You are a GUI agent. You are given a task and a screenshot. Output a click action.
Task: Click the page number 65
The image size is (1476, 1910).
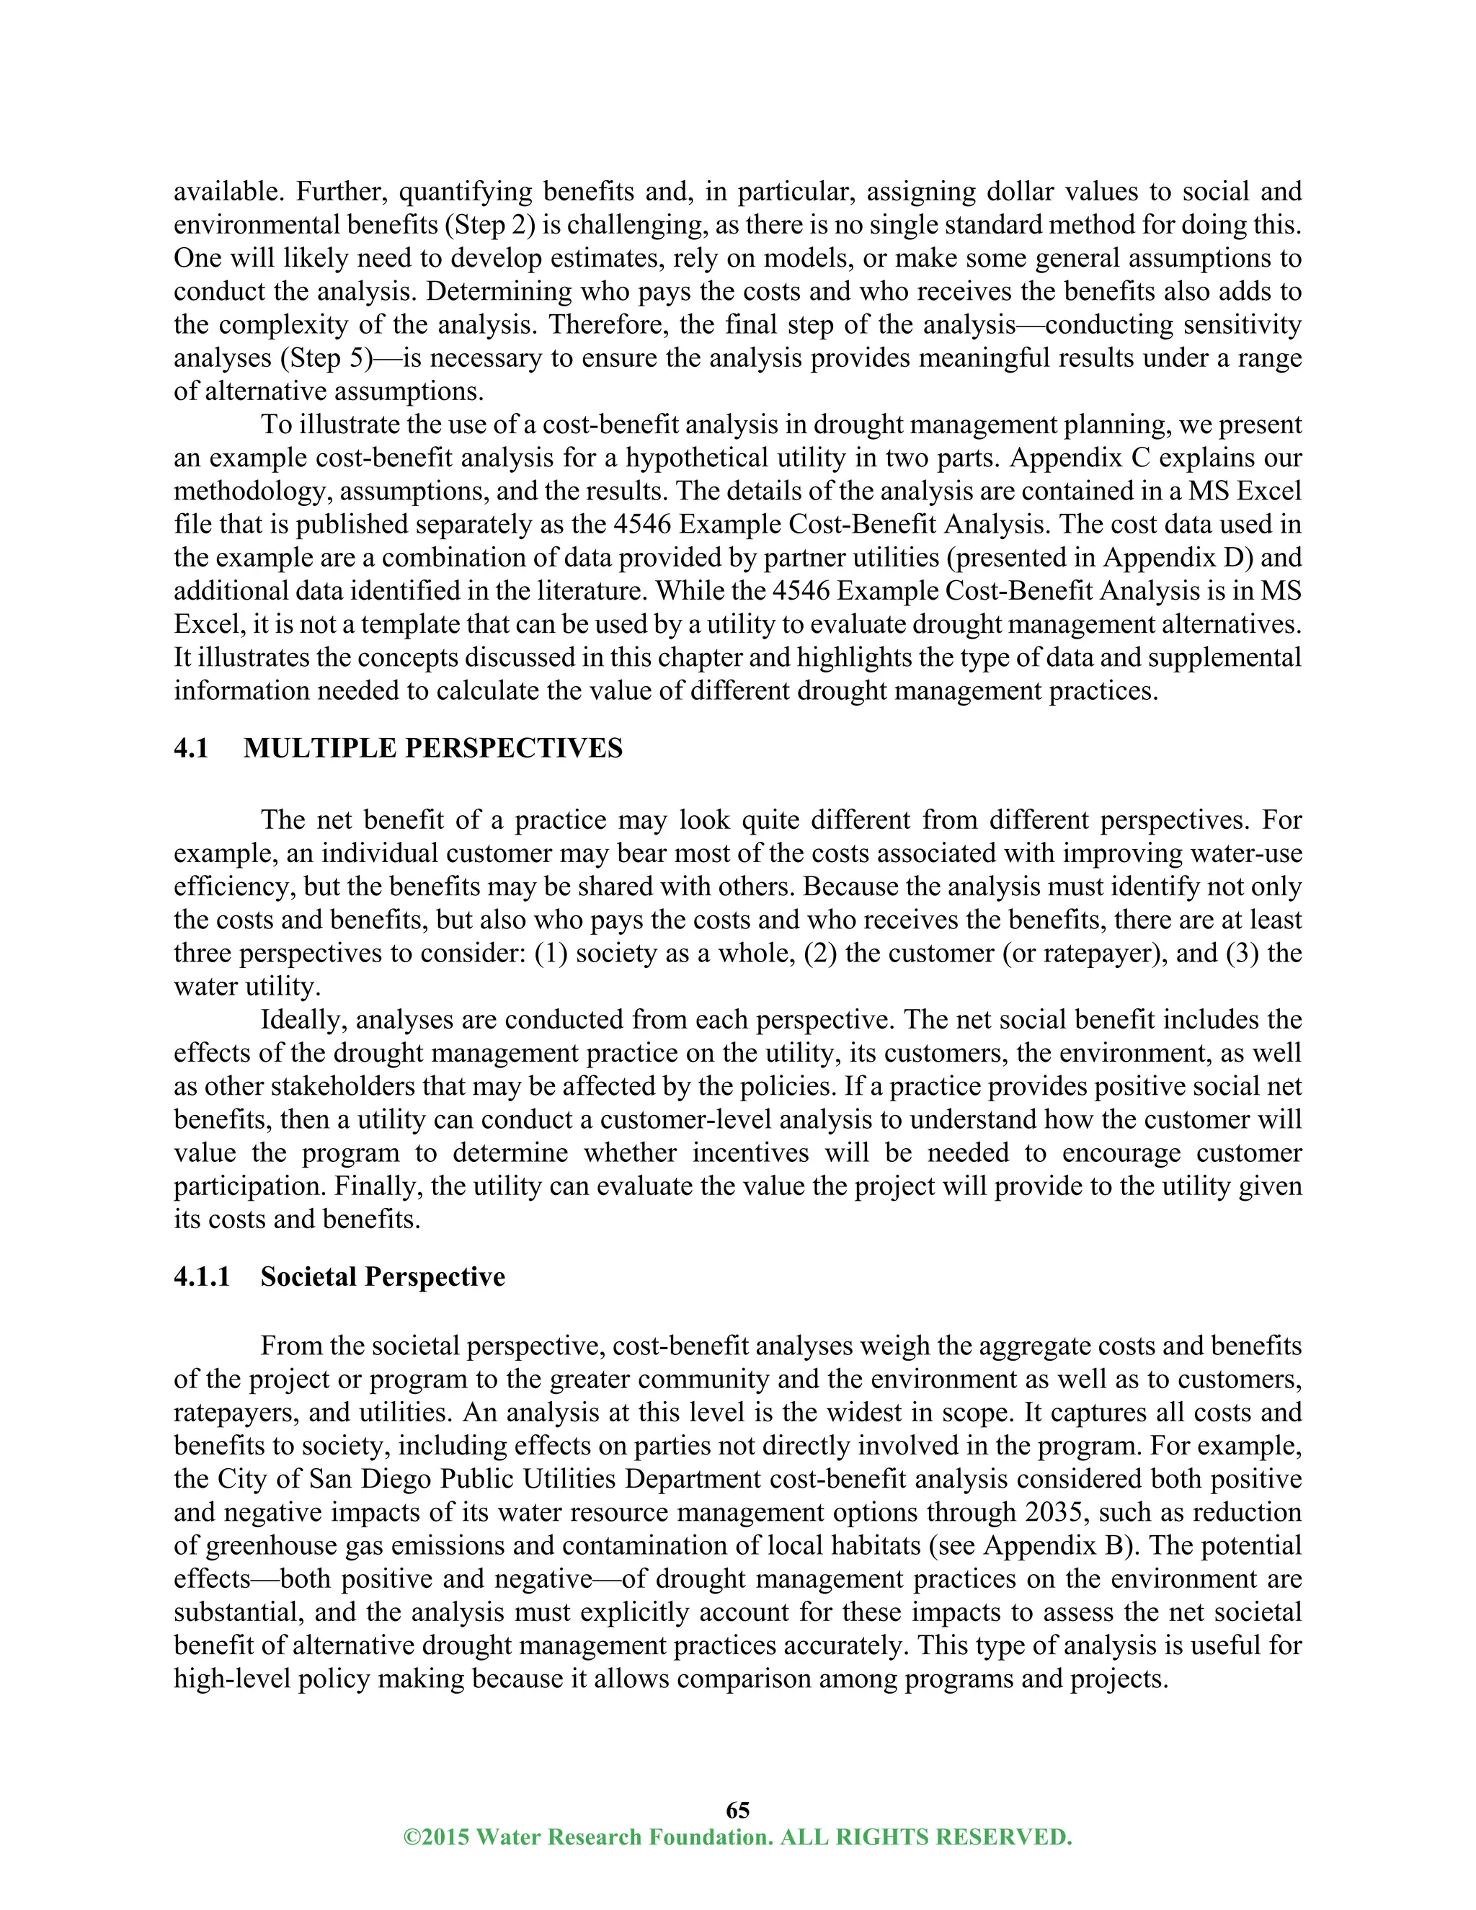(x=737, y=1809)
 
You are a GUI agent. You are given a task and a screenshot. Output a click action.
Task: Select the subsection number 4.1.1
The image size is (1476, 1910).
(x=202, y=1277)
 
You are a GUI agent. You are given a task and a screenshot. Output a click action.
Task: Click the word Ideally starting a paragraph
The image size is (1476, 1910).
(x=302, y=1020)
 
